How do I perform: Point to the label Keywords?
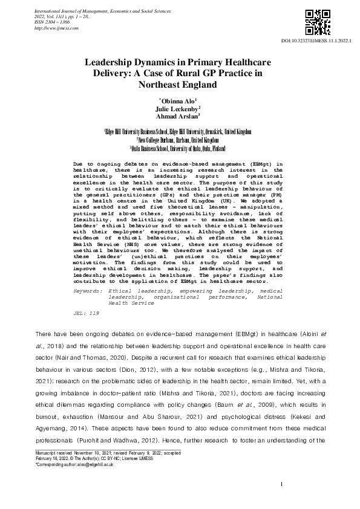(87, 290)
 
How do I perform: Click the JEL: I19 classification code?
(82, 314)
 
